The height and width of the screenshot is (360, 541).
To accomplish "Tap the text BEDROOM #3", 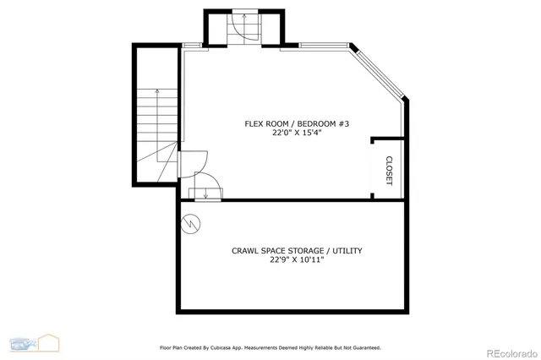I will click(321, 123).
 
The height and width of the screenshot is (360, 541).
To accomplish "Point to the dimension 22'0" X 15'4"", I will click(297, 134).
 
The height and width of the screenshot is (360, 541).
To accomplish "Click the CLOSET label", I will click(389, 170).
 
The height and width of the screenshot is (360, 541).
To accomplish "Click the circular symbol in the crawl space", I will click(191, 223).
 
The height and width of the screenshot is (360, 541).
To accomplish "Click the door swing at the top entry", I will click(249, 30).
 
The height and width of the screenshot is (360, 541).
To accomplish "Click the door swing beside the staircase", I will click(193, 161).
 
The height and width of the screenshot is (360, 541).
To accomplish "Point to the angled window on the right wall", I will click(380, 74).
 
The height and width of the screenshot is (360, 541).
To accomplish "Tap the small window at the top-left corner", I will click(192, 46).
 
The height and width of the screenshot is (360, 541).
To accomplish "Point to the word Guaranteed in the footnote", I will click(362, 347).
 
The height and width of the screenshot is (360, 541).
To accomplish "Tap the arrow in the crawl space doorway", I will click(205, 193).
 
